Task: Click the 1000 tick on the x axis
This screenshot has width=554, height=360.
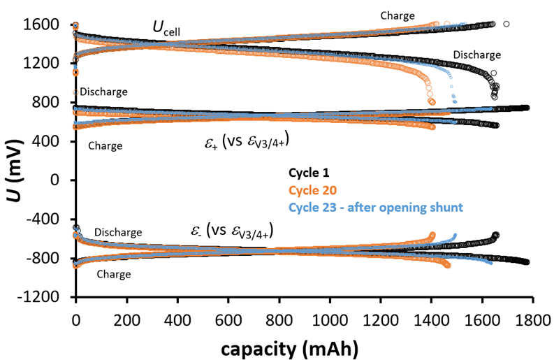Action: [330, 319]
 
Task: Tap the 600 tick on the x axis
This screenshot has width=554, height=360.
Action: [228, 319]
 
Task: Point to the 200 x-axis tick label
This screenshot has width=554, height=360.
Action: [126, 319]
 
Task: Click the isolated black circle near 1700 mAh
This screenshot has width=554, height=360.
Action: [506, 24]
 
